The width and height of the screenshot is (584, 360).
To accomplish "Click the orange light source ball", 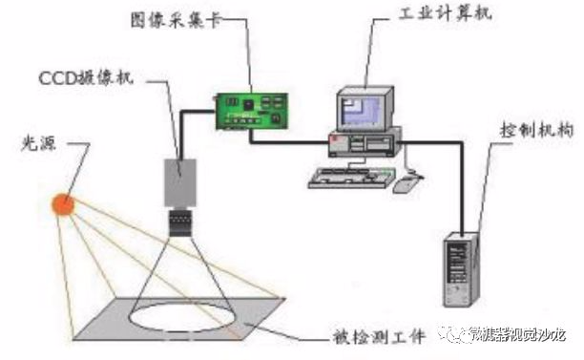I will (65, 202).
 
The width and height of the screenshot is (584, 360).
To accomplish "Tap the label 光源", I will (37, 145).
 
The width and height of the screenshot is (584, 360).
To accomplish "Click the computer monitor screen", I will (361, 107).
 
